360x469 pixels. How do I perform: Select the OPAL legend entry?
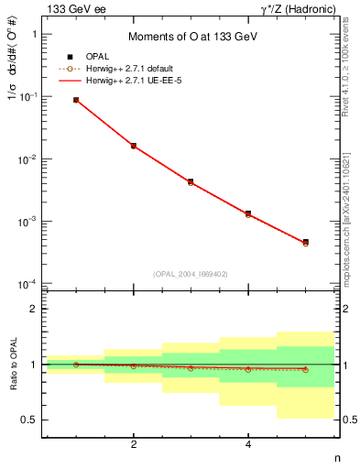pos(109,57)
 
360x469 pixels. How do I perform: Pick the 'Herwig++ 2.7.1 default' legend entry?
pos(137,69)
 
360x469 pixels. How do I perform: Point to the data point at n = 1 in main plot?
pos(76,100)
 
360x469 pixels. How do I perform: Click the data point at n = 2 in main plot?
pos(134,146)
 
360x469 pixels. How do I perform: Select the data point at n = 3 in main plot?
pos(191,182)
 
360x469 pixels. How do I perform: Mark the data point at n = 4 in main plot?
pos(248,213)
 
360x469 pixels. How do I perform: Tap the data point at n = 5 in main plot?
pos(305,243)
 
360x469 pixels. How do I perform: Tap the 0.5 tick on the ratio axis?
pos(32,420)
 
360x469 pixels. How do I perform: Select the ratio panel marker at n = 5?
pos(305,369)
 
